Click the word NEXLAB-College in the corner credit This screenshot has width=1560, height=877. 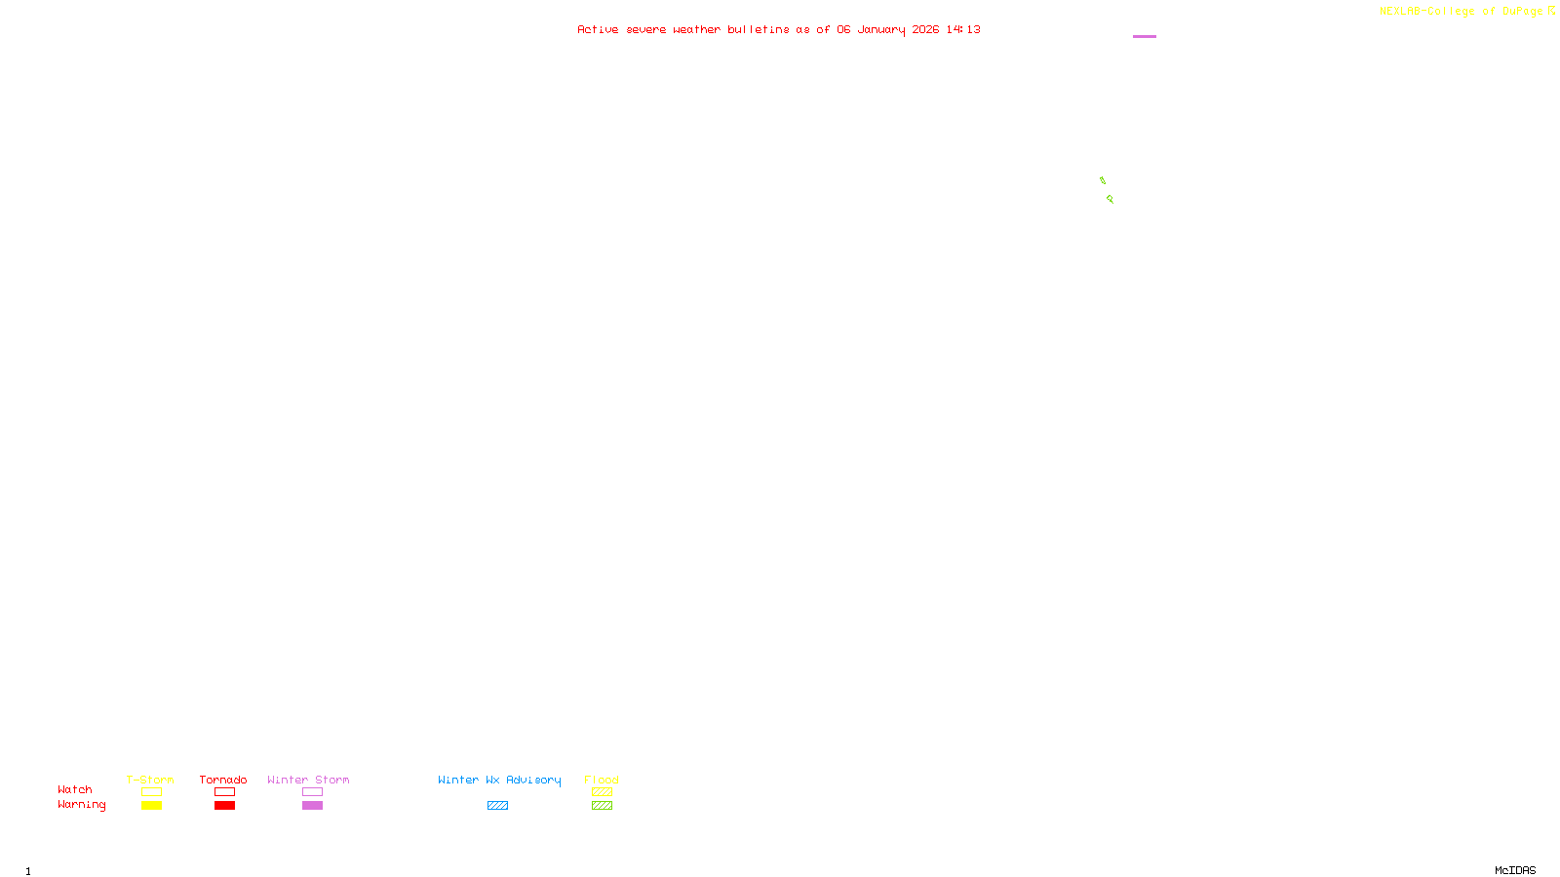click(1426, 12)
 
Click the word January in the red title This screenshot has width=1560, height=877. click(881, 30)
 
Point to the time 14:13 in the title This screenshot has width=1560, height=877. click(963, 30)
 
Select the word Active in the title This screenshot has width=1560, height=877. click(598, 30)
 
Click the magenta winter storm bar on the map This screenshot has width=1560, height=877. click(1145, 36)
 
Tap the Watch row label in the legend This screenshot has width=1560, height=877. click(75, 790)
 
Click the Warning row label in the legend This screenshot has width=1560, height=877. click(81, 805)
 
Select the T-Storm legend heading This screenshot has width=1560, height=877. click(150, 780)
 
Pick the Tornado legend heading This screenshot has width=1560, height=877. click(223, 780)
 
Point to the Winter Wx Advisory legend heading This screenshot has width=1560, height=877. click(499, 780)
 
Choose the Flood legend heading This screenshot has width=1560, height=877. click(602, 780)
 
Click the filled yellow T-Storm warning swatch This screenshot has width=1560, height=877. click(151, 806)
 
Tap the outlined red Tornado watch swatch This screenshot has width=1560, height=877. click(225, 792)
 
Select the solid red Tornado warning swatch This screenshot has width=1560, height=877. click(225, 806)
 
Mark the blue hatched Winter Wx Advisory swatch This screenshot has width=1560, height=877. click(497, 806)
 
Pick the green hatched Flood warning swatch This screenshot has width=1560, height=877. click(602, 806)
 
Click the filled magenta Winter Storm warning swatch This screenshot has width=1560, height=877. click(312, 806)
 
